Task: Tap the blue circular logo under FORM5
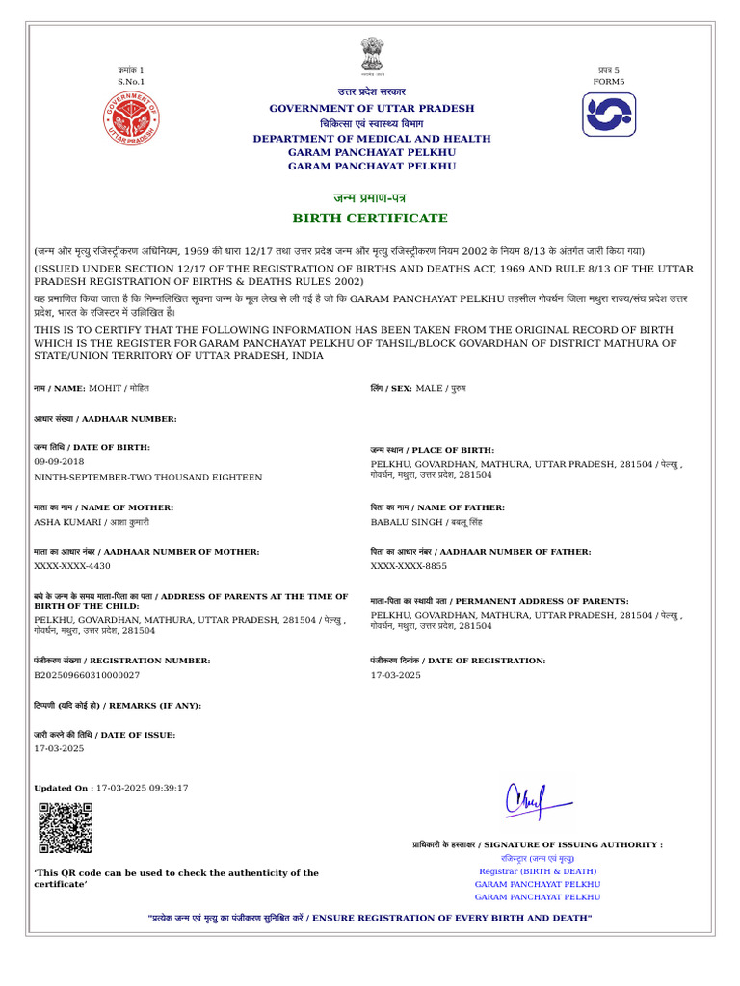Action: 609,115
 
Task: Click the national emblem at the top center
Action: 372,55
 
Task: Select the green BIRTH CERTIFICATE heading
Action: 371,219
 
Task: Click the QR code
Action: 66,827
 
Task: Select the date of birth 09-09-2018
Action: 59,462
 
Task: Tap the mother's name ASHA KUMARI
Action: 67,522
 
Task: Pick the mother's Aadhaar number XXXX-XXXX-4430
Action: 72,566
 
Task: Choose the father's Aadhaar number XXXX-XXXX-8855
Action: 409,566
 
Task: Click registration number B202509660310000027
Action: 87,675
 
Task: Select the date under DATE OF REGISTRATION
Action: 396,675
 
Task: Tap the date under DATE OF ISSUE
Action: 59,748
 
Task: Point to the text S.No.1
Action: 130,82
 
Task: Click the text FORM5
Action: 608,82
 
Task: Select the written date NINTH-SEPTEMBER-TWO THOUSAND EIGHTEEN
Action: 147,477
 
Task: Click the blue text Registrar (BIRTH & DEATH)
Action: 538,870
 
